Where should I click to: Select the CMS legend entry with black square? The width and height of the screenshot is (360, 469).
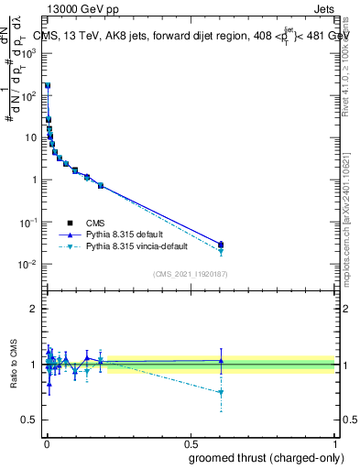point(96,223)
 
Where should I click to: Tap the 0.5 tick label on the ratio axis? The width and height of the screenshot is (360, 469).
point(30,421)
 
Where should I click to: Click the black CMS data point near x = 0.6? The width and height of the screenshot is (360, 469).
point(221,245)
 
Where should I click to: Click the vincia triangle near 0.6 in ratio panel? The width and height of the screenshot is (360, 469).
point(221,393)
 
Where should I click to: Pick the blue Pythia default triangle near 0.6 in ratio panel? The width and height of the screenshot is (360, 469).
point(221,361)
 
